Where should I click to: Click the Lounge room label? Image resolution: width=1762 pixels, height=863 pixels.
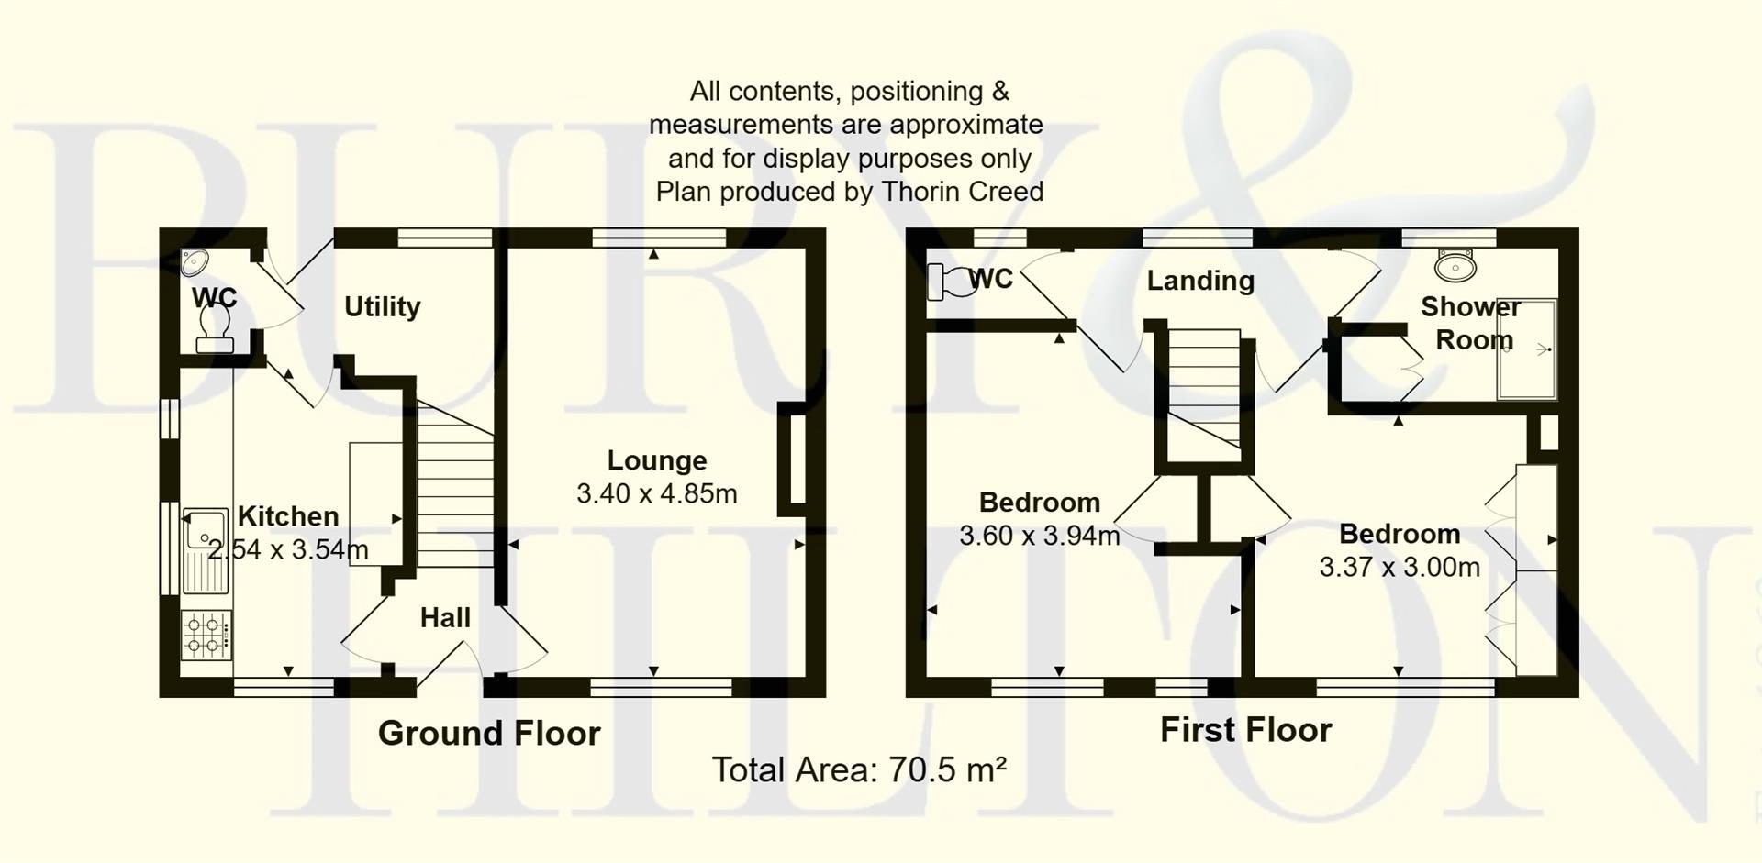click(x=657, y=460)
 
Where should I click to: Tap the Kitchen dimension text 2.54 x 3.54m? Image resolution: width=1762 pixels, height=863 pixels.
click(x=288, y=549)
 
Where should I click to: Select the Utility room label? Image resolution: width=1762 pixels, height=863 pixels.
click(x=382, y=306)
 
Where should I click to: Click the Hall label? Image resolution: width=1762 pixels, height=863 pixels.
click(x=445, y=618)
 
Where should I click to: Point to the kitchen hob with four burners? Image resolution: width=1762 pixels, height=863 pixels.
click(x=206, y=635)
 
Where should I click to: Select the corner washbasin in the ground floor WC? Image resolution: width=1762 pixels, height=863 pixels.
click(x=193, y=261)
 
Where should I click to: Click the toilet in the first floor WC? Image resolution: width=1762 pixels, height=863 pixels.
click(x=949, y=281)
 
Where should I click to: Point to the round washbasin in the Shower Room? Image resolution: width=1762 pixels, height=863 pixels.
click(x=1454, y=266)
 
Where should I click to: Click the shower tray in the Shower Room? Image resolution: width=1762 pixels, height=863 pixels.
click(x=1526, y=349)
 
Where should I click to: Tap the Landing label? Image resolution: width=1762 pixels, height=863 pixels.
click(x=1199, y=281)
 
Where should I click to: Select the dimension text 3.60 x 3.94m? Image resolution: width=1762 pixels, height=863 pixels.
click(x=1039, y=536)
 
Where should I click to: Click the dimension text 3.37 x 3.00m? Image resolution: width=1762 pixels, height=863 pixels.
click(x=1400, y=568)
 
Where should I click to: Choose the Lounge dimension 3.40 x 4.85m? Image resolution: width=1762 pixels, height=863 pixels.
click(x=657, y=494)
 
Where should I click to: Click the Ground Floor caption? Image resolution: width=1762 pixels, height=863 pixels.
click(x=489, y=733)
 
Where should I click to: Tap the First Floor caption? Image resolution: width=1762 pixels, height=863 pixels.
click(x=1245, y=730)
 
